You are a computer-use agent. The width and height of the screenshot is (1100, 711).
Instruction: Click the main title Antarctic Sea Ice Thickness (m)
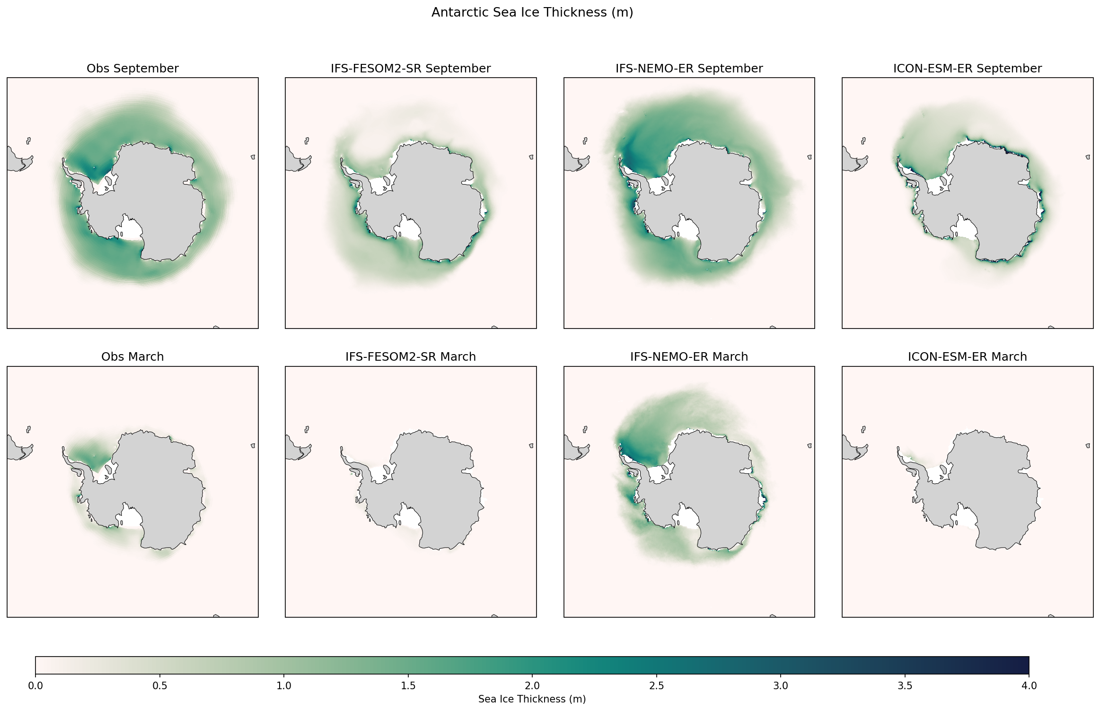[532, 12]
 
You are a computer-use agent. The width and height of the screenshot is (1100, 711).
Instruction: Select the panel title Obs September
[132, 69]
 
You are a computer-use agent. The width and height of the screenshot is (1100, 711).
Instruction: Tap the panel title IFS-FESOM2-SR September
[410, 69]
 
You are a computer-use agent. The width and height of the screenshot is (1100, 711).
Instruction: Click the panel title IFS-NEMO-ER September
[689, 69]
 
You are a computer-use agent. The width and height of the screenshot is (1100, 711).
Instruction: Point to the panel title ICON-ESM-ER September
[967, 69]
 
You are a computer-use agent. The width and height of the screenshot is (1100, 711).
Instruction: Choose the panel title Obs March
[132, 357]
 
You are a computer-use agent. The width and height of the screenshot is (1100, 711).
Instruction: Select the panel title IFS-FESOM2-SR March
[410, 357]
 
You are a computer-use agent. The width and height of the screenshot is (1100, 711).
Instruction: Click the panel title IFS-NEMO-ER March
[689, 357]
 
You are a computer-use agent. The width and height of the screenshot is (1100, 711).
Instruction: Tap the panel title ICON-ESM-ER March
[967, 357]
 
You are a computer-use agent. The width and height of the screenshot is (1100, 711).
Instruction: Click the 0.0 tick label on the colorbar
[35, 686]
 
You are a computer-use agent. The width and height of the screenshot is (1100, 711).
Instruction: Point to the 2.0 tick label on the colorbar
[532, 686]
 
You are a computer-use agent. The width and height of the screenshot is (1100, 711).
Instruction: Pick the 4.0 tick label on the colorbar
[1029, 686]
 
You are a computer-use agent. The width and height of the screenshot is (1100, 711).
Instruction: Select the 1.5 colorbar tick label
[408, 686]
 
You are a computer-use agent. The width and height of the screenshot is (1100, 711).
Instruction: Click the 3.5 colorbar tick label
[905, 686]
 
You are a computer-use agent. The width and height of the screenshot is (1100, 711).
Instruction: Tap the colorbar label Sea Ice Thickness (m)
[532, 699]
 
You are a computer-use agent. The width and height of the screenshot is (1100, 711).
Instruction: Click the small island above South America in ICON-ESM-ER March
[863, 429]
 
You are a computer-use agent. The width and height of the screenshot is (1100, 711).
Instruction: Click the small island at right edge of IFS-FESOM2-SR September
[531, 157]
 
